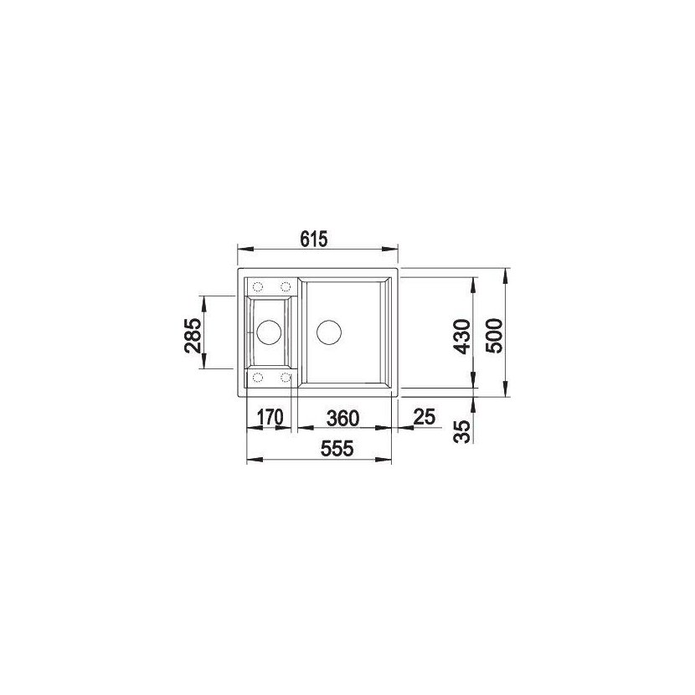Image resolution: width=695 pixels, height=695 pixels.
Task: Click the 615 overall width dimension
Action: click(313, 239)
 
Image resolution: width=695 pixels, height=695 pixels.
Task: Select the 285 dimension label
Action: click(193, 335)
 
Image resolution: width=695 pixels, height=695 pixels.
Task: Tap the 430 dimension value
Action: click(462, 337)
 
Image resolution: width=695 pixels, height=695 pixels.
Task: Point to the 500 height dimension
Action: click(494, 336)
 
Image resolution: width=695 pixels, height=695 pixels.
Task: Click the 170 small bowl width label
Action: click(270, 417)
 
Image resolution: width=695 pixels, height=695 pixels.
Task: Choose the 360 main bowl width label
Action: click(342, 418)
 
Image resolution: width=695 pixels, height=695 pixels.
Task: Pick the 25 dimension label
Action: click(425, 416)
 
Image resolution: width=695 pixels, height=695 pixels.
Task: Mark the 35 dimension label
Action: click(462, 432)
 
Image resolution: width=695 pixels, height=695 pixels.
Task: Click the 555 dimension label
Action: click(337, 449)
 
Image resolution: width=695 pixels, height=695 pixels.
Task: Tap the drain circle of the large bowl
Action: click(329, 332)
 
